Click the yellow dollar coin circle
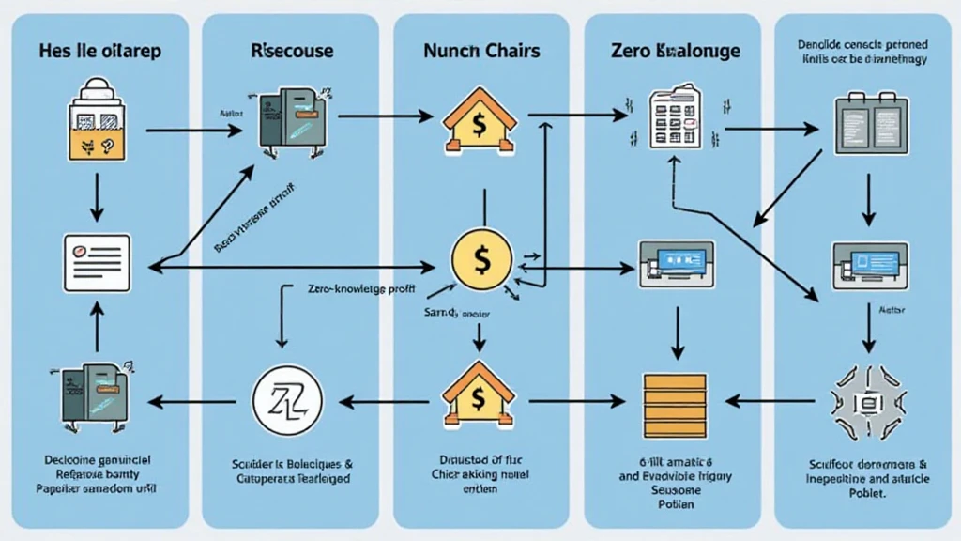pyautogui.click(x=480, y=257)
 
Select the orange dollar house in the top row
pyautogui.click(x=479, y=122)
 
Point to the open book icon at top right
pyautogui.click(x=867, y=123)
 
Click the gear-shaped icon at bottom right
pyautogui.click(x=867, y=403)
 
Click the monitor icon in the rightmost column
pyautogui.click(x=867, y=264)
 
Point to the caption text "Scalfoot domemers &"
pyautogui.click(x=866, y=464)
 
